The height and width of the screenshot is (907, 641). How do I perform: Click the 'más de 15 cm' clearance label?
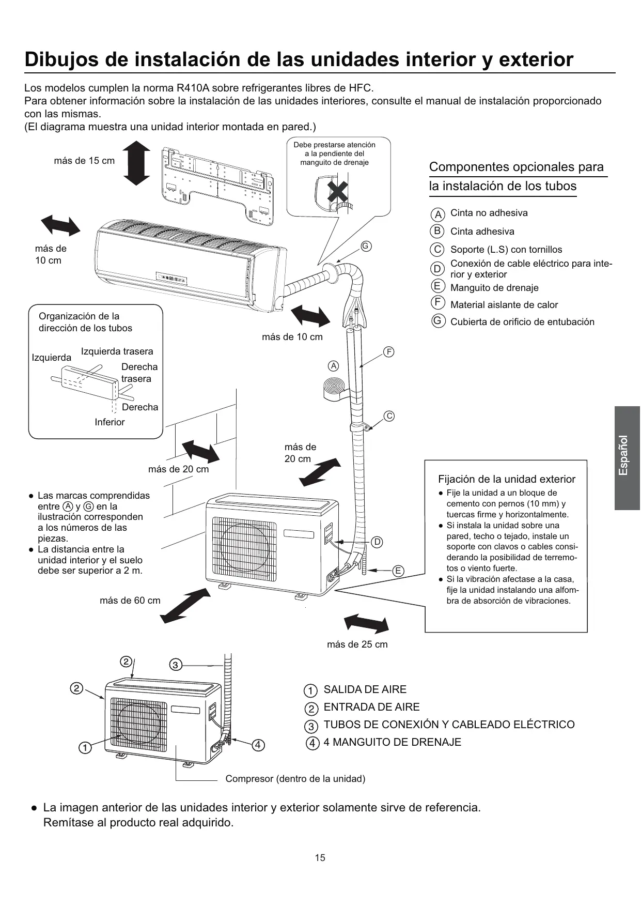coord(84,161)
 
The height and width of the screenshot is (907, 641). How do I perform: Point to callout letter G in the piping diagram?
coord(366,246)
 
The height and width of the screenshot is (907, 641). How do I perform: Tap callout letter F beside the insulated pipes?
coord(389,352)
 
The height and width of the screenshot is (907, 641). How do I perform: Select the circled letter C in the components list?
coord(437,250)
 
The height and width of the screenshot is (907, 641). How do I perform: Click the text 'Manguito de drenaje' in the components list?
coord(494,288)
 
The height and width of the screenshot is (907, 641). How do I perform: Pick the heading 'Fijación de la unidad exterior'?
coord(507,479)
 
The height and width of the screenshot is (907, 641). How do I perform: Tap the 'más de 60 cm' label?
coord(130,601)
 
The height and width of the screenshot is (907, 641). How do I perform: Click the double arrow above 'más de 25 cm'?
coord(366,623)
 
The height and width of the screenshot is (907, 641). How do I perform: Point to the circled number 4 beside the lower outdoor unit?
coord(258,745)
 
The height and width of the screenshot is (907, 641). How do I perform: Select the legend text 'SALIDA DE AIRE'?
coord(365,689)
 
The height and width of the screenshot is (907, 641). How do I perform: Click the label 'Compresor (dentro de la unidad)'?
coord(295,779)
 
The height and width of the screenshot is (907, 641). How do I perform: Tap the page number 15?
coord(320,858)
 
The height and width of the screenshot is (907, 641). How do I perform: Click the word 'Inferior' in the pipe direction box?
coord(110,422)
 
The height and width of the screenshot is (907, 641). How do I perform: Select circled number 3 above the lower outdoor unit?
coord(175,665)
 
